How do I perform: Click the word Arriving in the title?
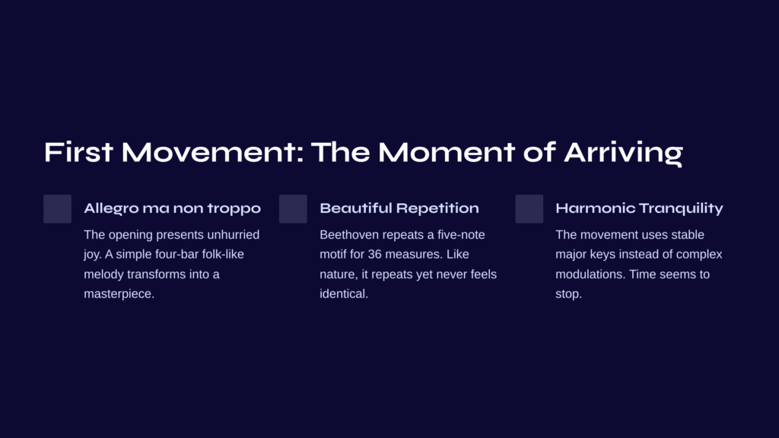click(623, 152)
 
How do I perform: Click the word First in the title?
click(78, 152)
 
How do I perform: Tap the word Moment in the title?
click(446, 152)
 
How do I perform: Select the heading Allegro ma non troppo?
click(173, 208)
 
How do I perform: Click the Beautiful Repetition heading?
click(399, 208)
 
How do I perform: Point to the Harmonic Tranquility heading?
click(639, 208)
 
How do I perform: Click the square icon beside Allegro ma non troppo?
click(58, 208)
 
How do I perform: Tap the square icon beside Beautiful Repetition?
click(293, 208)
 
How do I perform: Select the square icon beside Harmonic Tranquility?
click(529, 208)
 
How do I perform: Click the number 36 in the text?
click(374, 254)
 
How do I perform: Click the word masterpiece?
click(119, 294)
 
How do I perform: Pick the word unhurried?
click(234, 234)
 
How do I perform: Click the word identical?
click(344, 294)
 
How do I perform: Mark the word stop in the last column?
click(568, 294)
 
